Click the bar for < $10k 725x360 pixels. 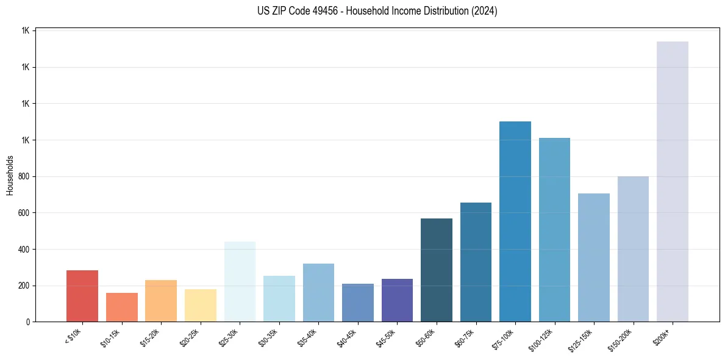[x=82, y=296]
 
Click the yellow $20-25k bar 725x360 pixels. [x=201, y=305]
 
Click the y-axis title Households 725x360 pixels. [x=10, y=175]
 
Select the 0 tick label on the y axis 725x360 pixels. [x=28, y=322]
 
